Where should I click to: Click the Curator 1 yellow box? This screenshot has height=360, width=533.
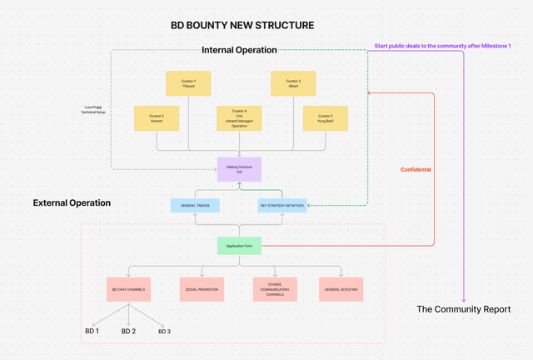[x=188, y=82]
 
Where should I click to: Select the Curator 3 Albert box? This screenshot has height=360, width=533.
[x=292, y=82]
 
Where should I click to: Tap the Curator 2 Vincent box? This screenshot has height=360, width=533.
[x=157, y=117]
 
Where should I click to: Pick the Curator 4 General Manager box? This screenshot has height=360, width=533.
[x=239, y=117]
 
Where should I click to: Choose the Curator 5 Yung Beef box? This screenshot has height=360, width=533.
[x=324, y=117]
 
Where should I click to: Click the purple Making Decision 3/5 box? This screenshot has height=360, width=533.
[x=239, y=169]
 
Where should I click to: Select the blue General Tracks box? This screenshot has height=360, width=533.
[x=195, y=205]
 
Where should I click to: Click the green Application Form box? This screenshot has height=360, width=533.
[x=239, y=246]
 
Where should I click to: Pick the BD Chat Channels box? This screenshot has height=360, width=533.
[x=128, y=288]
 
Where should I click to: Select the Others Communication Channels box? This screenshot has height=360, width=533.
[x=275, y=288]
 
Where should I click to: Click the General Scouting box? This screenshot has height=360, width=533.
[x=341, y=288]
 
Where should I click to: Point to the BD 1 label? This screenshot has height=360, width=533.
[x=92, y=331]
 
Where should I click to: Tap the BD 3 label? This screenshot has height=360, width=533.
[x=164, y=331]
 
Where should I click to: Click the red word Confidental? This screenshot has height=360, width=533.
[x=416, y=169]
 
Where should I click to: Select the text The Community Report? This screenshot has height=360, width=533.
[x=463, y=309]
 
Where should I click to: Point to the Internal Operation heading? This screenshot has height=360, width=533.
[x=239, y=50]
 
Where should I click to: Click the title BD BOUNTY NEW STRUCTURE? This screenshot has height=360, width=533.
[x=242, y=25]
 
